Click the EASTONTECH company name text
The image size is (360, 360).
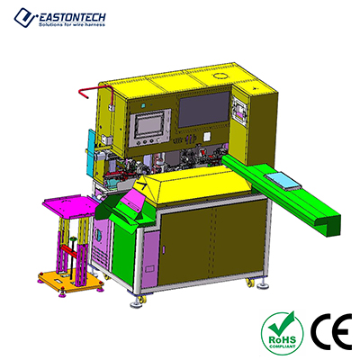coord(72,17)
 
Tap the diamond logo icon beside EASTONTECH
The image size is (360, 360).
coord(25,18)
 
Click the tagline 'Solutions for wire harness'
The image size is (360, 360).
coord(72,24)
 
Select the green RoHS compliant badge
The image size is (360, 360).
coord(283,334)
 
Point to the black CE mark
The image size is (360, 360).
coord(331,332)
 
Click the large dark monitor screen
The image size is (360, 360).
coord(204,110)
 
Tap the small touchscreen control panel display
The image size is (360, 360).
coord(147,125)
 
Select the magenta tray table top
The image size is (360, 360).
coord(71,206)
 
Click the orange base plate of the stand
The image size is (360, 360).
coord(71,281)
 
